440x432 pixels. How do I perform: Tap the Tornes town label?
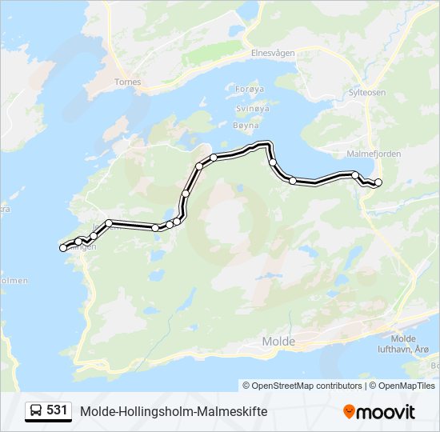click(x=128, y=82)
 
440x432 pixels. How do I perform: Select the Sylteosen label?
click(x=367, y=92)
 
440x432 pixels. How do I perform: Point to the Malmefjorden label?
click(x=374, y=153)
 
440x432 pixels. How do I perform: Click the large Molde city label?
click(x=278, y=342)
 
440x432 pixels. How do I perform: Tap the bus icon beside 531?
click(x=36, y=410)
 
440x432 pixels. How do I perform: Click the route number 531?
click(x=57, y=410)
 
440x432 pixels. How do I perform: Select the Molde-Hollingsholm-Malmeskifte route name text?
click(x=174, y=411)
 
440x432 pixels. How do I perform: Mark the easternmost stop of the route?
click(x=378, y=183)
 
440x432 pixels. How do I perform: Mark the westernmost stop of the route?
click(x=63, y=248)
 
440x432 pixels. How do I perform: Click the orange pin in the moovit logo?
click(x=349, y=411)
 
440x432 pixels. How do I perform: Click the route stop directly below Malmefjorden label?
click(x=355, y=175)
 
